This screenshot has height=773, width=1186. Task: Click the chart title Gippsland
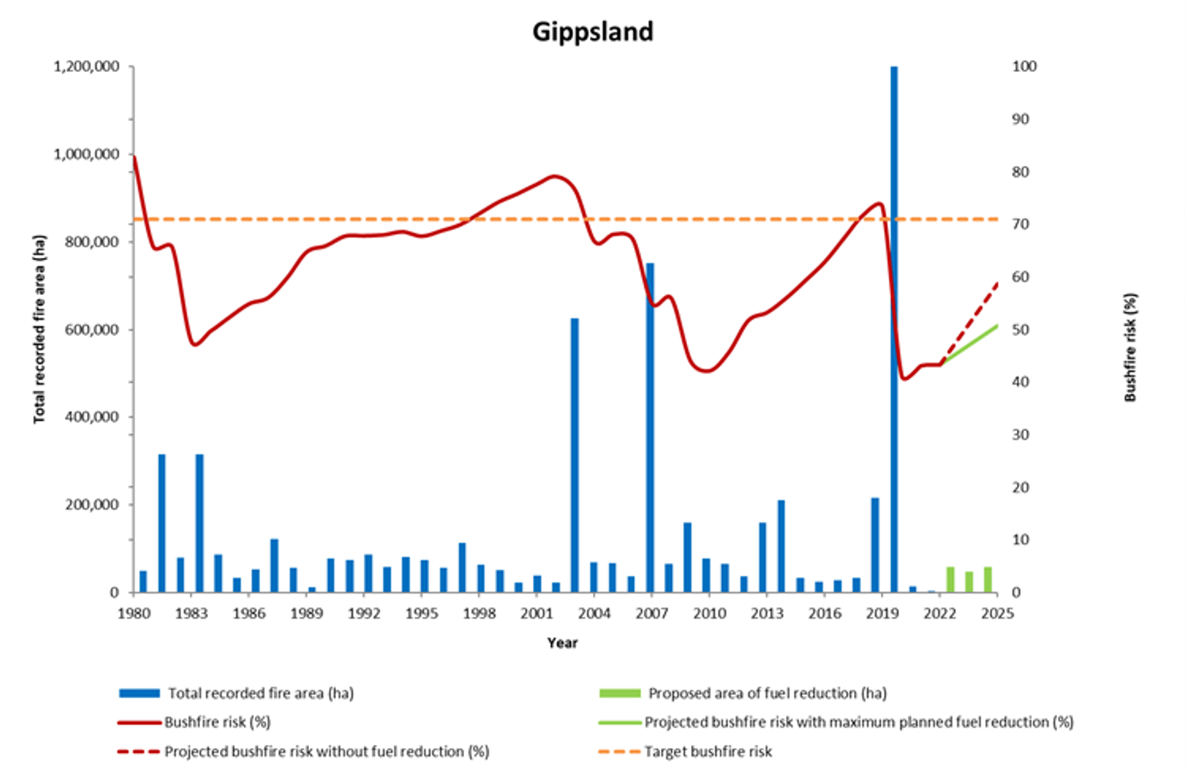(592, 32)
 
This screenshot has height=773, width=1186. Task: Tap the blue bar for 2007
(650, 425)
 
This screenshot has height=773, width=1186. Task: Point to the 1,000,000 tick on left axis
(86, 154)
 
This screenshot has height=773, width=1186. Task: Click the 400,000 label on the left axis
(86, 417)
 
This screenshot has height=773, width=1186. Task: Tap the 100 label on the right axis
(1024, 66)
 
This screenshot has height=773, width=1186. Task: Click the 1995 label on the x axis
(422, 613)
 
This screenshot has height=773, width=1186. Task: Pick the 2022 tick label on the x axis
(940, 613)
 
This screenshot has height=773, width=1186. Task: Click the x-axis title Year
(562, 642)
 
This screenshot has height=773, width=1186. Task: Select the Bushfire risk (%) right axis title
(1130, 347)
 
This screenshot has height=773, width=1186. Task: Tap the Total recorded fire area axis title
(39, 329)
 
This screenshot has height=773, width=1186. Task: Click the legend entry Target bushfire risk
(708, 751)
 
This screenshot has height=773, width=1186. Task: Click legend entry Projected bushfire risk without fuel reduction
(327, 751)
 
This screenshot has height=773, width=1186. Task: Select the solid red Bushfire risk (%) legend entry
(217, 722)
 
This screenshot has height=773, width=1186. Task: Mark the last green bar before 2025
(988, 579)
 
